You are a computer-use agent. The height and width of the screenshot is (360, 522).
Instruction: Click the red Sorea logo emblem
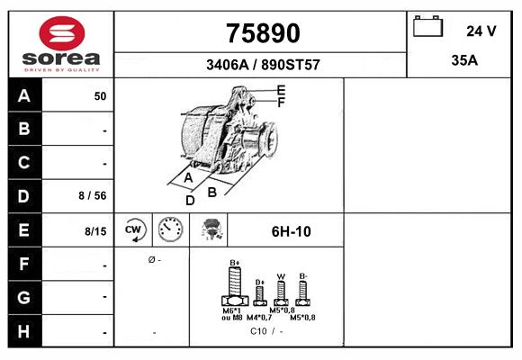(x=62, y=33)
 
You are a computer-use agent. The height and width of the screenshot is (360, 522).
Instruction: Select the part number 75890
(x=263, y=33)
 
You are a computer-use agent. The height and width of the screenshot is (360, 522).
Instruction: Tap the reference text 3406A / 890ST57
(x=263, y=65)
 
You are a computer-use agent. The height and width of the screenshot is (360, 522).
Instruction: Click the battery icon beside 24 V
(x=427, y=26)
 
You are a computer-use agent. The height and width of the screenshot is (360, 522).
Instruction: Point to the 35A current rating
(x=464, y=60)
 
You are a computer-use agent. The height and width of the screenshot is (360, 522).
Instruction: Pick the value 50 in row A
(x=100, y=96)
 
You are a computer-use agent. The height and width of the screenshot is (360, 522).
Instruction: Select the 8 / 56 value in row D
(x=93, y=195)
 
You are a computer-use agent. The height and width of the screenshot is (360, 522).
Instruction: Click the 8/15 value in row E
(x=95, y=231)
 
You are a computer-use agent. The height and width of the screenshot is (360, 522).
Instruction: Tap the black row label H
(x=24, y=331)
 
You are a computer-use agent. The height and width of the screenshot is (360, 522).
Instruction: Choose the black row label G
(x=24, y=297)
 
